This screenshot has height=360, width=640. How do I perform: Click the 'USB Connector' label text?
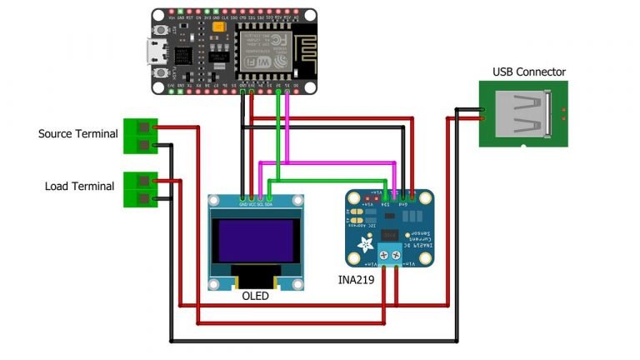(528, 72)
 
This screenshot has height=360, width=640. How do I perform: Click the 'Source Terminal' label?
(78, 133)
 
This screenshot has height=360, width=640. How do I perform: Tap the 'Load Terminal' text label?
(79, 186)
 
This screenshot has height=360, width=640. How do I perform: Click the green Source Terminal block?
(139, 137)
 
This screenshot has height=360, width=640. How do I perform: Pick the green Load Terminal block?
(139, 189)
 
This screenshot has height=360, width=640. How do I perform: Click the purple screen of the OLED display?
(255, 241)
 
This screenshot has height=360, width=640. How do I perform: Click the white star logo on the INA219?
(364, 244)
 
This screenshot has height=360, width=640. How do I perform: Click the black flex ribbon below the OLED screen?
(255, 276)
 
